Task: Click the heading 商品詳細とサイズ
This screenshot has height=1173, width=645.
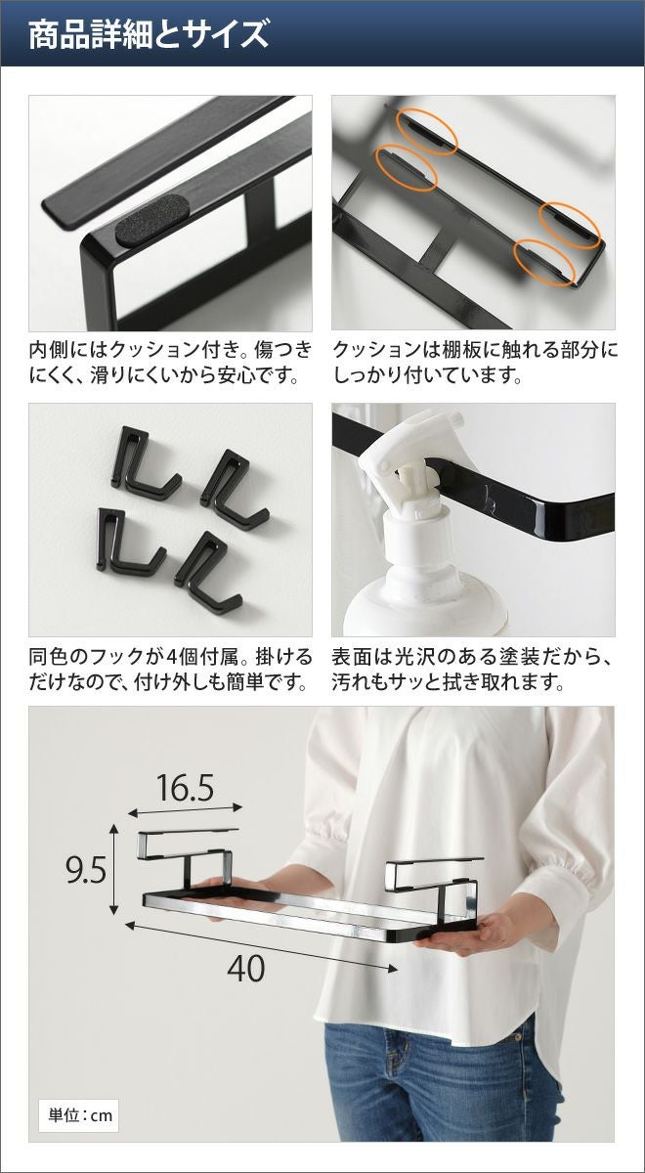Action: [149, 34]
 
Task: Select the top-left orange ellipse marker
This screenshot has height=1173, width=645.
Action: [427, 131]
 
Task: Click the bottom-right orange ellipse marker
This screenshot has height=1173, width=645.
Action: [544, 262]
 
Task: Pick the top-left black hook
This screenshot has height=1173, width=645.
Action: [144, 464]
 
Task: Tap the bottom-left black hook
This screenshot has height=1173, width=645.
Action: [128, 542]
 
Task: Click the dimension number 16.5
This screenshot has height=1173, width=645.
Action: [185, 788]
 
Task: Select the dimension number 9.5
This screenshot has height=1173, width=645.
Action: [86, 870]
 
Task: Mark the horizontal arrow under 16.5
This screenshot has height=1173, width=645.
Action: [186, 810]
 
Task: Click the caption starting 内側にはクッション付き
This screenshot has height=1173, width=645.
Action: [170, 363]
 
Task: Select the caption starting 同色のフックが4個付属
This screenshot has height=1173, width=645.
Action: [170, 669]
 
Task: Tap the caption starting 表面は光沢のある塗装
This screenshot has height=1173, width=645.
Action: [472, 669]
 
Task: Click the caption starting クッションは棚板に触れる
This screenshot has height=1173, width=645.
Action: [474, 363]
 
